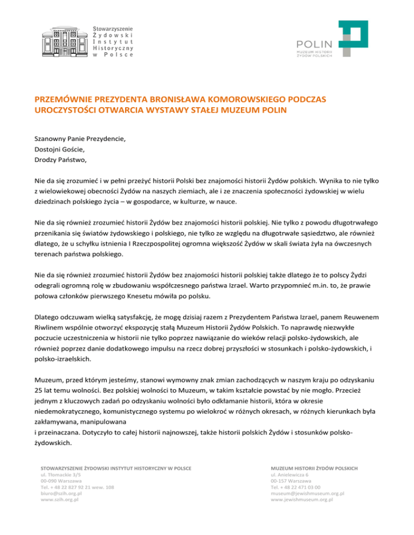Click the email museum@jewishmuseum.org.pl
(x=308, y=492)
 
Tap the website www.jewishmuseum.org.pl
(x=305, y=499)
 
